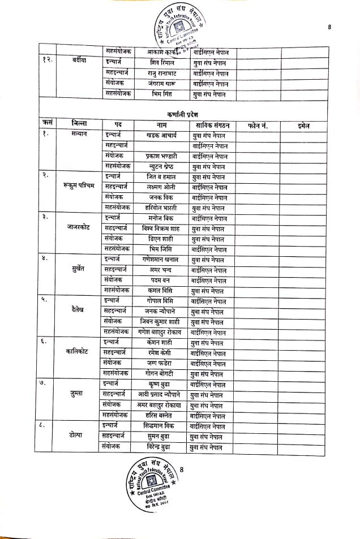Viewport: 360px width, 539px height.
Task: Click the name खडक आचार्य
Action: [x=161, y=136]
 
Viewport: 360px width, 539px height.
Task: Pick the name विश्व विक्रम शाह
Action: [x=161, y=228]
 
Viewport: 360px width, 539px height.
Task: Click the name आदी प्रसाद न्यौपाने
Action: [x=160, y=394]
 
